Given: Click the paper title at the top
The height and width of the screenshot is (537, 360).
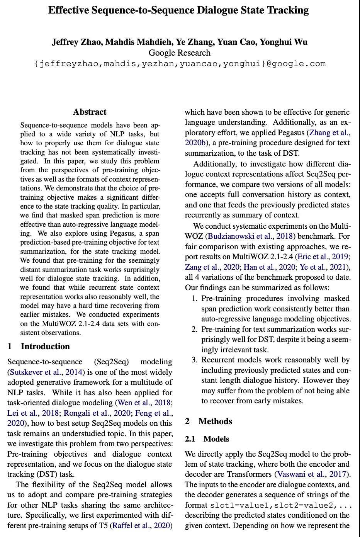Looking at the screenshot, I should (x=178, y=10).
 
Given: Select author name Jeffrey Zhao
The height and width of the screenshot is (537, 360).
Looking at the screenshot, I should (x=77, y=42).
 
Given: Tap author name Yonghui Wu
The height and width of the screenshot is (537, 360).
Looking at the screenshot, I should (x=284, y=42).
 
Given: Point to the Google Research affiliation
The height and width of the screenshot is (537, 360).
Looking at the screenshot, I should (x=180, y=53).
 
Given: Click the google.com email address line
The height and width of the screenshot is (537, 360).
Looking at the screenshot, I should (x=180, y=64).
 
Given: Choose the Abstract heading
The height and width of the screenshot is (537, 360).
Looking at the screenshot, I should (x=90, y=112).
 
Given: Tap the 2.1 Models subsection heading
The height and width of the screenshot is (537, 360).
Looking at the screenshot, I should (x=207, y=439).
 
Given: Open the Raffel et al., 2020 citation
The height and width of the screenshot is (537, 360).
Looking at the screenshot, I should (x=141, y=525).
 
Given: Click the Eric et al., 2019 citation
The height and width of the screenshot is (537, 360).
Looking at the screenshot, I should (x=327, y=257).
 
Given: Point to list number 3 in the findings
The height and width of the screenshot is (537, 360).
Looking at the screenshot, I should (x=195, y=360).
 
